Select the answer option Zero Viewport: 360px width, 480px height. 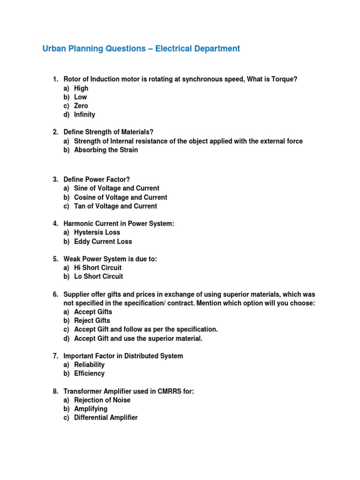[81, 106]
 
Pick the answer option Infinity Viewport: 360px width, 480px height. [84, 114]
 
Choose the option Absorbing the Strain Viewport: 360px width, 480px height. [106, 150]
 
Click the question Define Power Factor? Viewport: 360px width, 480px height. [97, 180]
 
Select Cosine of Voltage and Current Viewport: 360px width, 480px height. [120, 197]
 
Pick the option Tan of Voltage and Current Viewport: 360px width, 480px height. [115, 206]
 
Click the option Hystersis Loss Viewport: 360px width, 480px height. [97, 232]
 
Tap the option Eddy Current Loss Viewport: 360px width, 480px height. [103, 241]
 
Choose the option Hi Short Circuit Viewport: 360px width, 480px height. [98, 268]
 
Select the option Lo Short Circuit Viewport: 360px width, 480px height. [98, 277]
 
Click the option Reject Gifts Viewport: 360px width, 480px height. [92, 321]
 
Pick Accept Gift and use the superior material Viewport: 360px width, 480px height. [138, 338]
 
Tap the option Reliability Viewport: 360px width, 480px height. [89, 365]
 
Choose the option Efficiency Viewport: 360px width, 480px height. [89, 374]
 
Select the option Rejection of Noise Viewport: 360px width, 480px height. [102, 400]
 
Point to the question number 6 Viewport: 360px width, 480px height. [55, 294]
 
